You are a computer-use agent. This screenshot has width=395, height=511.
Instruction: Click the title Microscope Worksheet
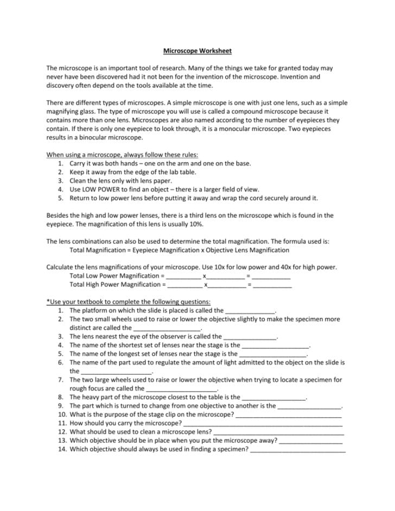197,51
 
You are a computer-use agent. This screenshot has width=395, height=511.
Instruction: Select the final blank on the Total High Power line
272,285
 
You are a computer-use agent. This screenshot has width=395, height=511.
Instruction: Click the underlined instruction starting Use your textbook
129,302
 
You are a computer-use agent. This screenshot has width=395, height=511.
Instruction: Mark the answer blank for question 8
274,398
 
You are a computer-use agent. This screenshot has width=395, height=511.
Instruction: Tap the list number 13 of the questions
61,440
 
